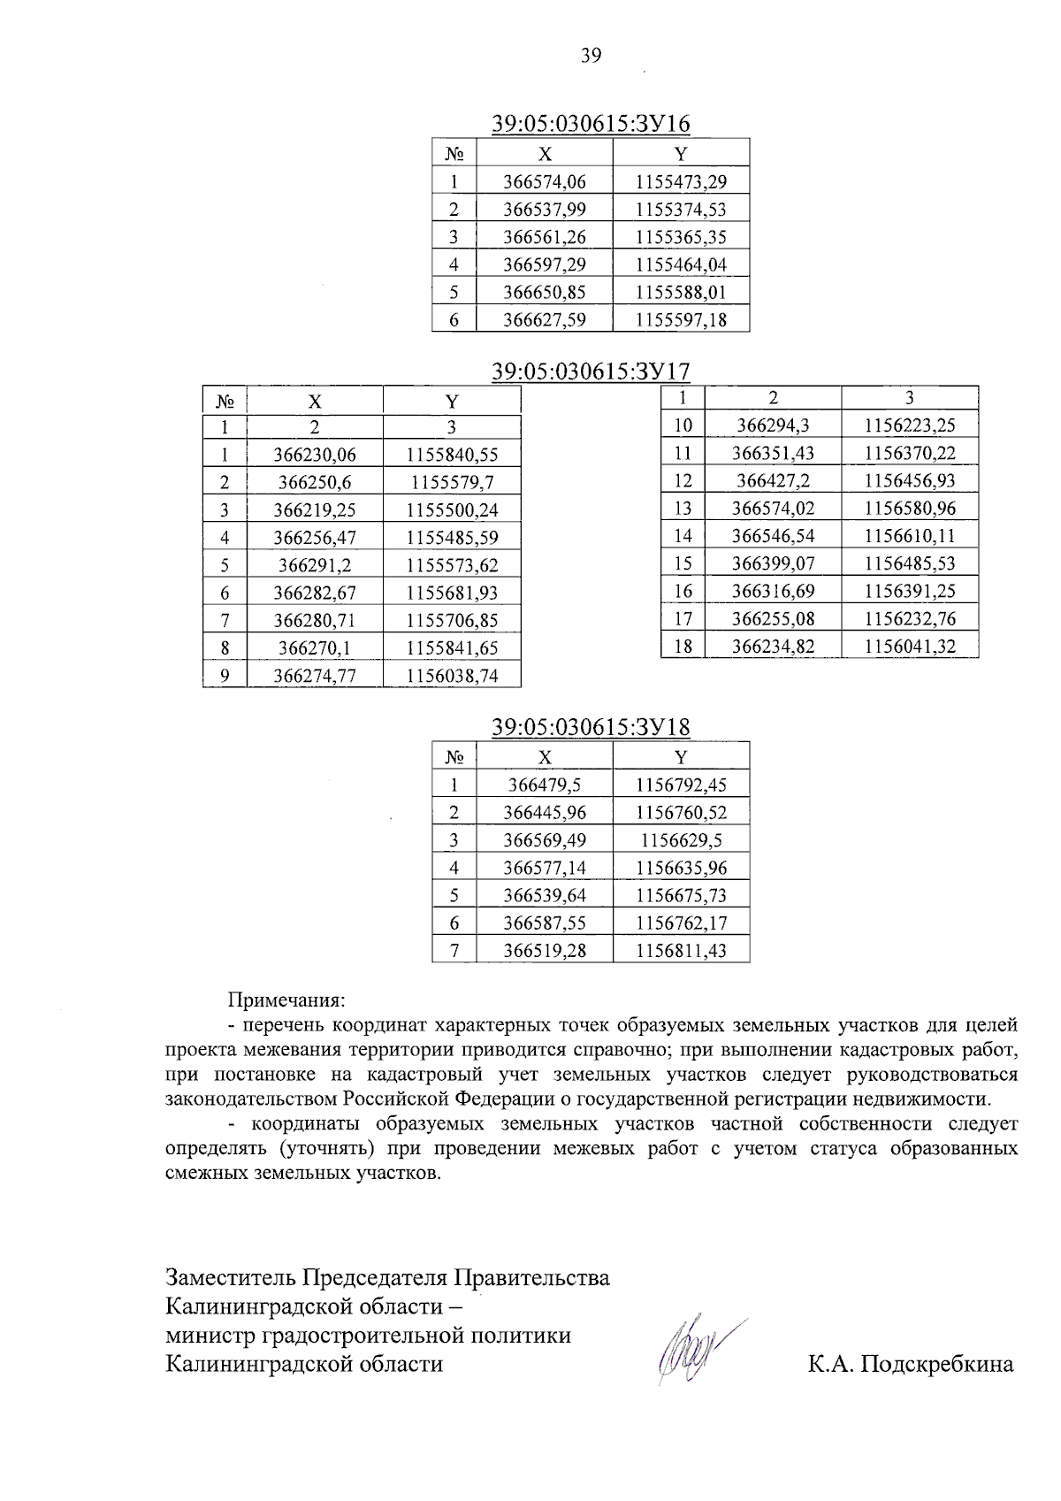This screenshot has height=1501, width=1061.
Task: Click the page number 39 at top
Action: (x=591, y=56)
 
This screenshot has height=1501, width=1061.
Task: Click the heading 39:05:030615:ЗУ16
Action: (x=591, y=124)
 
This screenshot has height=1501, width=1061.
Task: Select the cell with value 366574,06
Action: (x=544, y=182)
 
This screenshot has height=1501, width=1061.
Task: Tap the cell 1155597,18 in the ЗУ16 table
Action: (x=681, y=319)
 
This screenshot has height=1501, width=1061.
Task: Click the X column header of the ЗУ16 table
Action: (x=545, y=154)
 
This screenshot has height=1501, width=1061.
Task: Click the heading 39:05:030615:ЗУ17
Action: (x=591, y=371)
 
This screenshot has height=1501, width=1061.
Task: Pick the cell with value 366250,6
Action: (x=315, y=482)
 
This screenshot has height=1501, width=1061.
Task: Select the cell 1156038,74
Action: (x=452, y=676)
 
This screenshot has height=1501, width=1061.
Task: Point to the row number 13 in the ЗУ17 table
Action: (x=683, y=509)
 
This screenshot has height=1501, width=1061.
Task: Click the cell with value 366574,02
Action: (x=773, y=509)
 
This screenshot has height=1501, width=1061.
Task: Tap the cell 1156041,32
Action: (x=910, y=647)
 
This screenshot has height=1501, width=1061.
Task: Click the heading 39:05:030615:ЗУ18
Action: (x=591, y=727)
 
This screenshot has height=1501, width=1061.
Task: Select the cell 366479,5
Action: (x=544, y=785)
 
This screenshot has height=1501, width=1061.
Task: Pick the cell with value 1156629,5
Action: (x=681, y=839)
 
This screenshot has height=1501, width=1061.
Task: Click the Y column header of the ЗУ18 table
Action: (x=681, y=757)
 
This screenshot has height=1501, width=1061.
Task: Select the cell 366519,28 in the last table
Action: (x=544, y=950)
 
